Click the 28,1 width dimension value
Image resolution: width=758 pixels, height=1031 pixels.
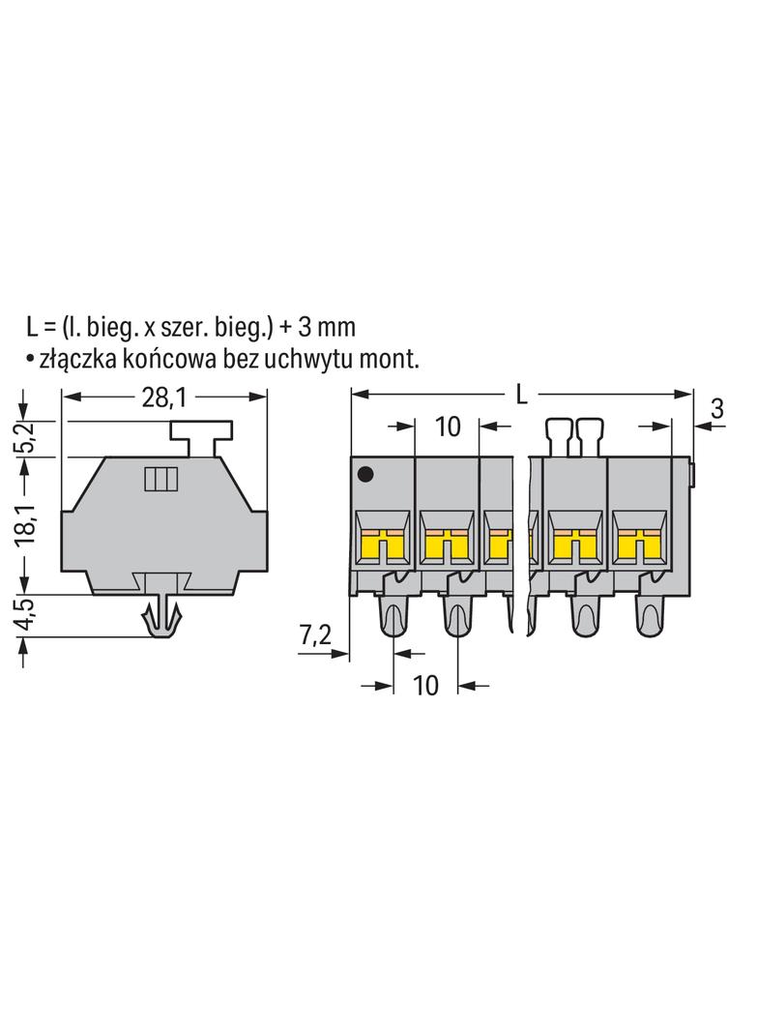(x=164, y=397)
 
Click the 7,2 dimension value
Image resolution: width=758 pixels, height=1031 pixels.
(x=315, y=635)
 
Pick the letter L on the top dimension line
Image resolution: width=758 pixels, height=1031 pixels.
(x=521, y=396)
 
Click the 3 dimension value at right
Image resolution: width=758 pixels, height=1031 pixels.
(x=717, y=408)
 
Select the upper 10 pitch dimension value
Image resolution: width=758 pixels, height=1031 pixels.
(x=448, y=427)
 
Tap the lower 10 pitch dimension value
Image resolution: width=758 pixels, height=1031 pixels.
(x=425, y=685)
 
